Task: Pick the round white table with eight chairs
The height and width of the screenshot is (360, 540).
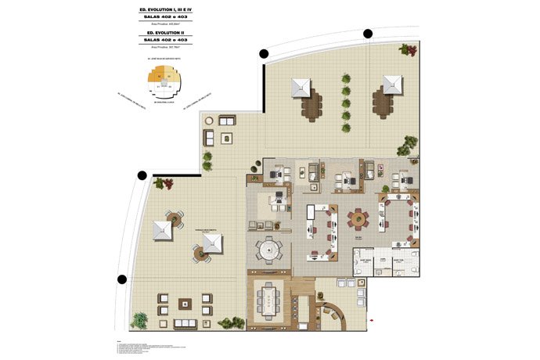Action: click(268, 252)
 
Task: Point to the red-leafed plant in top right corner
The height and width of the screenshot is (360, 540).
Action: click(405, 49)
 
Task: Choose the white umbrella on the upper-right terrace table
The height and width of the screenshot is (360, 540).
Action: click(391, 85)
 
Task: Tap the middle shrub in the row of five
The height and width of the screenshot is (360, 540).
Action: click(345, 103)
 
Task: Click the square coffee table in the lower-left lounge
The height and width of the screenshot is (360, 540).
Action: click(185, 304)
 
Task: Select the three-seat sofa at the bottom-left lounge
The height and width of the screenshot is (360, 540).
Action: click(185, 323)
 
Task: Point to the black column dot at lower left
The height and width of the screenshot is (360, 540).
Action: click(122, 279)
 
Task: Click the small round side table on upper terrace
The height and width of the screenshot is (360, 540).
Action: click(226, 139)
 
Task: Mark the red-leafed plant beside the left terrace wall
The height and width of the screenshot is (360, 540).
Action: click(163, 185)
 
